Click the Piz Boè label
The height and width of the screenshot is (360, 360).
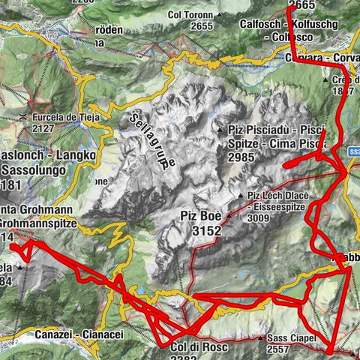pos(202,216)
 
